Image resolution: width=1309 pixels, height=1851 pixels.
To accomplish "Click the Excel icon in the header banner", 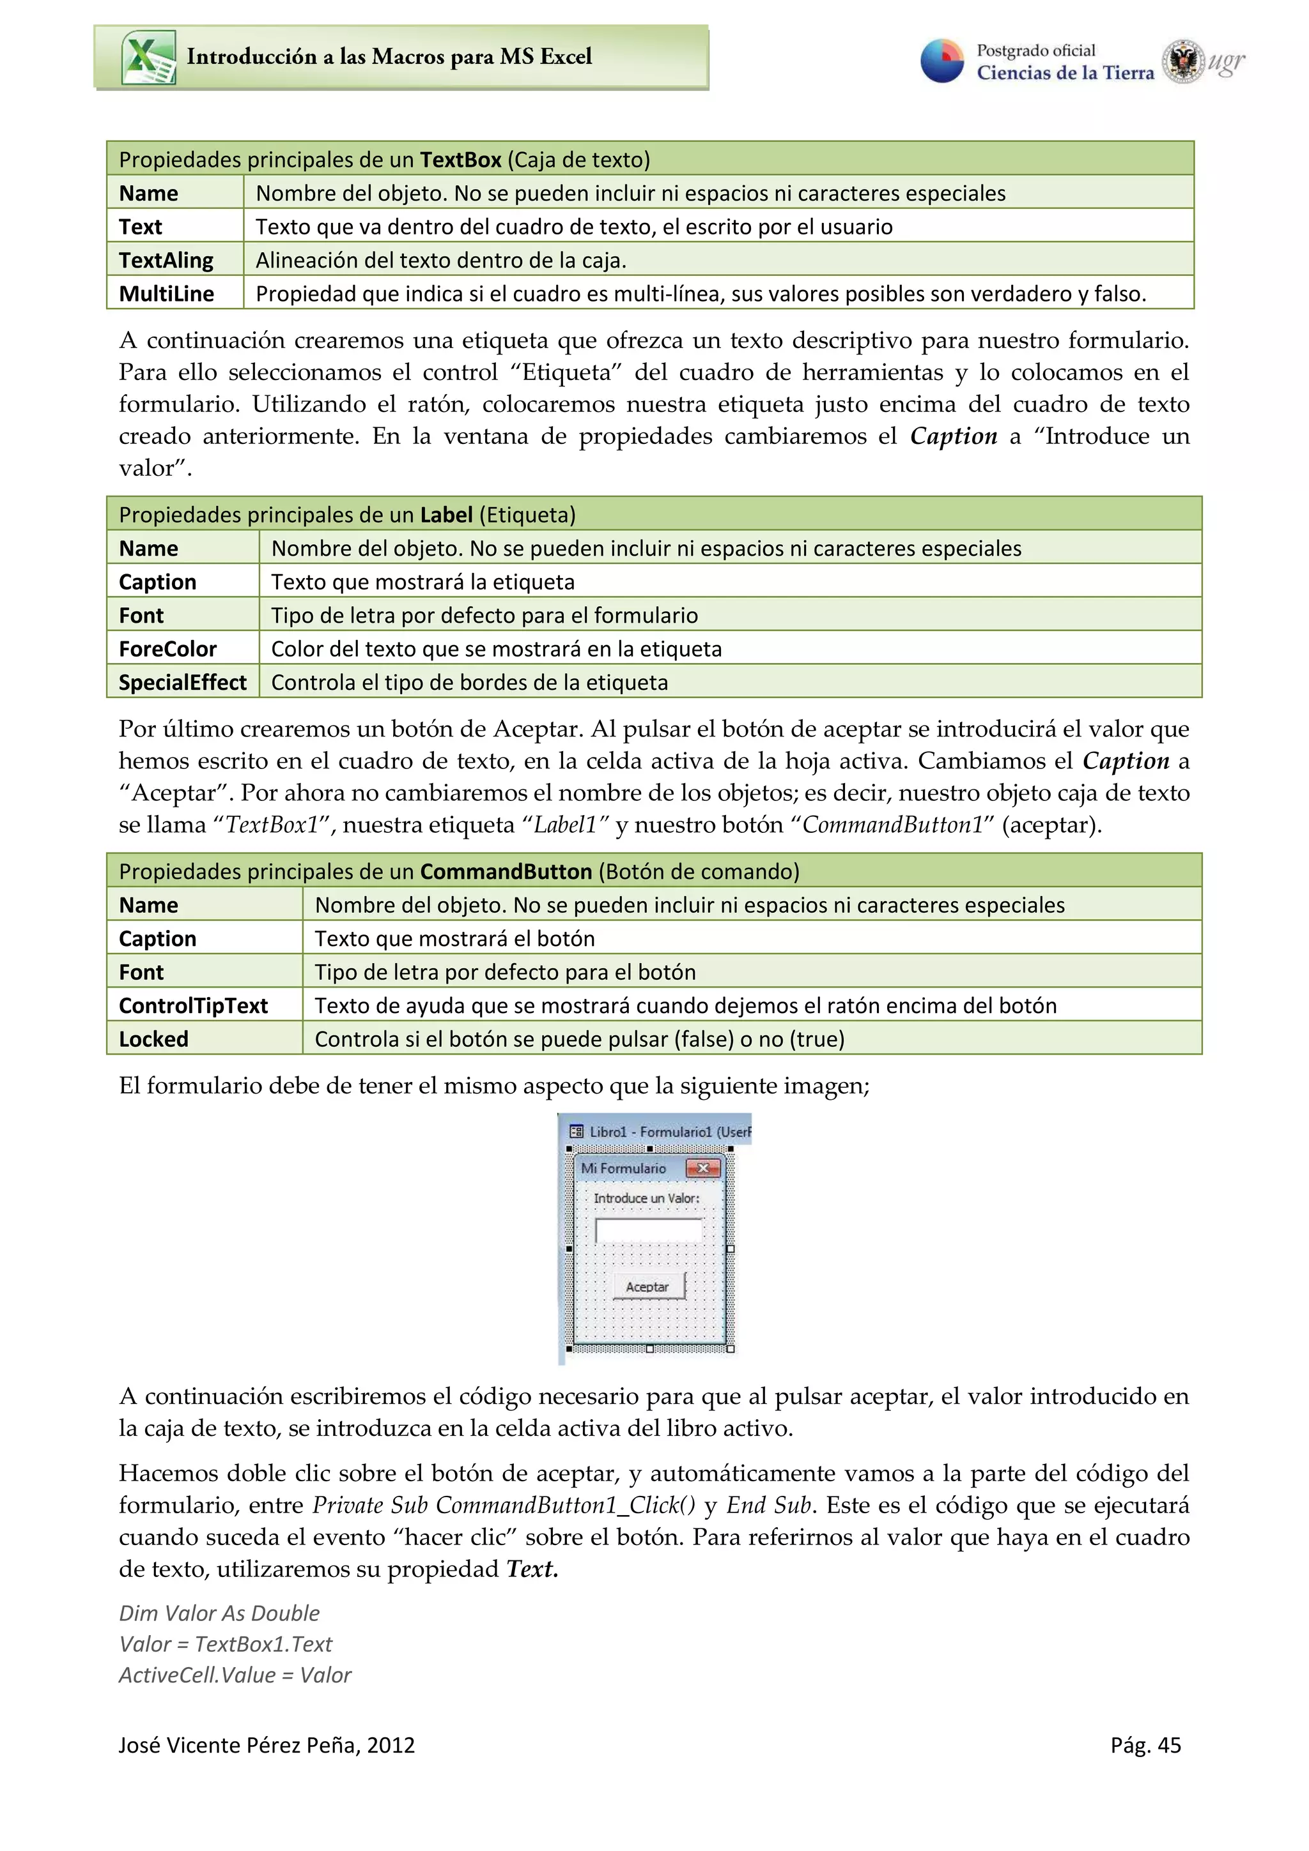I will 148,57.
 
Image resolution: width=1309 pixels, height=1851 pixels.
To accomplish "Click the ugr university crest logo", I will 1182,61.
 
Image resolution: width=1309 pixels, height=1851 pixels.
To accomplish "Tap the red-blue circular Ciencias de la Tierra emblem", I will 942,61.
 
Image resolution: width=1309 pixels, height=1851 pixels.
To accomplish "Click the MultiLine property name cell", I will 166,293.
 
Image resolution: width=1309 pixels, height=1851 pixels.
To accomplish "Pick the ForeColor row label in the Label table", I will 167,649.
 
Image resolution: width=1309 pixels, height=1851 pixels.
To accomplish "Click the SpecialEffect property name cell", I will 182,682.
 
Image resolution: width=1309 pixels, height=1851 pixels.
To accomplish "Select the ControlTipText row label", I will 193,1005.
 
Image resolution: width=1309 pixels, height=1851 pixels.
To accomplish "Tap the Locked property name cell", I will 153,1039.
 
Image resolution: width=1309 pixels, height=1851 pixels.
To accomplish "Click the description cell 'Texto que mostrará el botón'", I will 455,938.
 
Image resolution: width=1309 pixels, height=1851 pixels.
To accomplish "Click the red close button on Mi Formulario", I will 702,1168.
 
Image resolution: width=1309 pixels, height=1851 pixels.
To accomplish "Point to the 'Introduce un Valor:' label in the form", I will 646,1198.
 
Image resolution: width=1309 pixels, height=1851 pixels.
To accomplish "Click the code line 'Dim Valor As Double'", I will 219,1613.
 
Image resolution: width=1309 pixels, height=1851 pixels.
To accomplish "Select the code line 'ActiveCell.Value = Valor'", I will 235,1675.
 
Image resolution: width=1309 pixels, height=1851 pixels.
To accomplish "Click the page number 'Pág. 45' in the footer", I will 1145,1746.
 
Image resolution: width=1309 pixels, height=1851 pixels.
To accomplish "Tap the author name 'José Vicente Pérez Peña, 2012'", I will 266,1746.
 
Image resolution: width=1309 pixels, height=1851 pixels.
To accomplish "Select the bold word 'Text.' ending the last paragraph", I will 532,1569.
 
